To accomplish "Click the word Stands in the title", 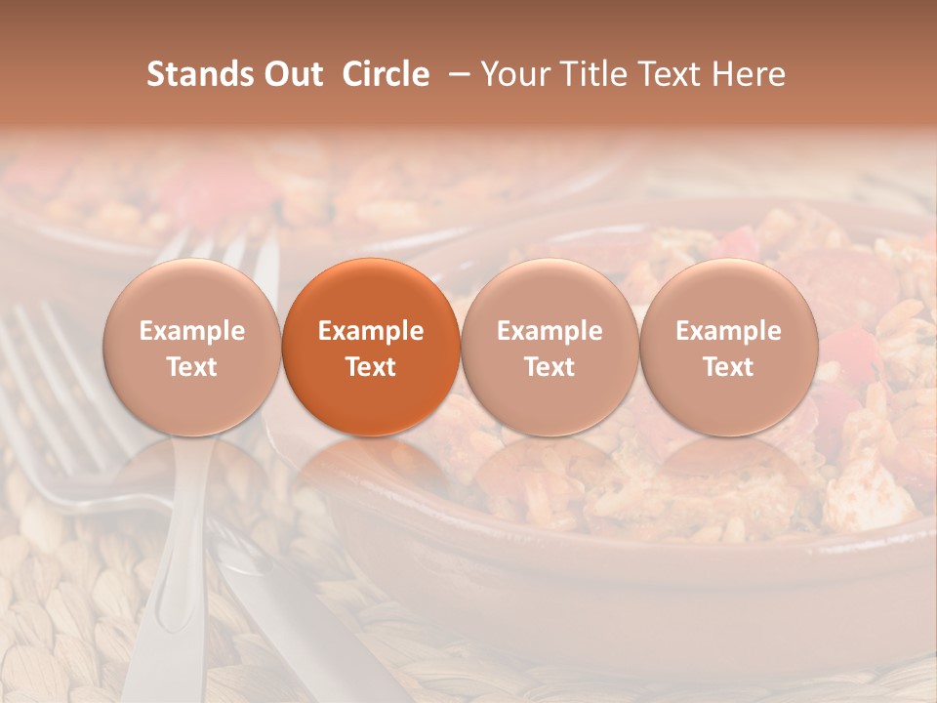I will (x=199, y=74).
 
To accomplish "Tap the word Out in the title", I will (x=291, y=74).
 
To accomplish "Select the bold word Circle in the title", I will (x=386, y=74).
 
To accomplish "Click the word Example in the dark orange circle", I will (x=371, y=331).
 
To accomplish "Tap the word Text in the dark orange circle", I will (x=371, y=367).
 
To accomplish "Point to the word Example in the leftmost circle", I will (x=192, y=331).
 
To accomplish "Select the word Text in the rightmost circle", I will (x=728, y=367).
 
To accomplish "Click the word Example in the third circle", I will (x=550, y=331).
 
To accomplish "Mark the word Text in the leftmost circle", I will (x=192, y=367).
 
